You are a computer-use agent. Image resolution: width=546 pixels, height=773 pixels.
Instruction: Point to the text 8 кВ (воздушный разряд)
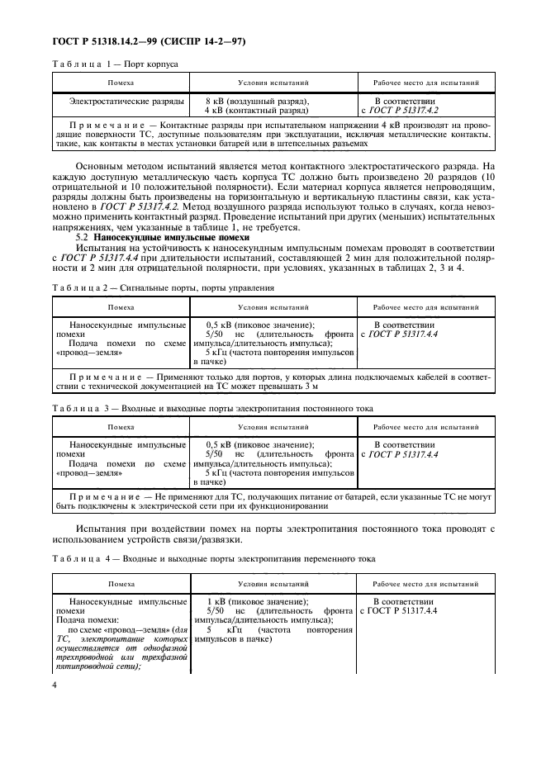click(256, 101)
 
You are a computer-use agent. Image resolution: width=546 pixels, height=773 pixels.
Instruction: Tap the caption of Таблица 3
click(212, 408)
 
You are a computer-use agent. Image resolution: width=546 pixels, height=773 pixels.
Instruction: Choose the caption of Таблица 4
click(214, 559)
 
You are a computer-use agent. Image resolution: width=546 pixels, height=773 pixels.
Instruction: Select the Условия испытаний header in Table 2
click(273, 306)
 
